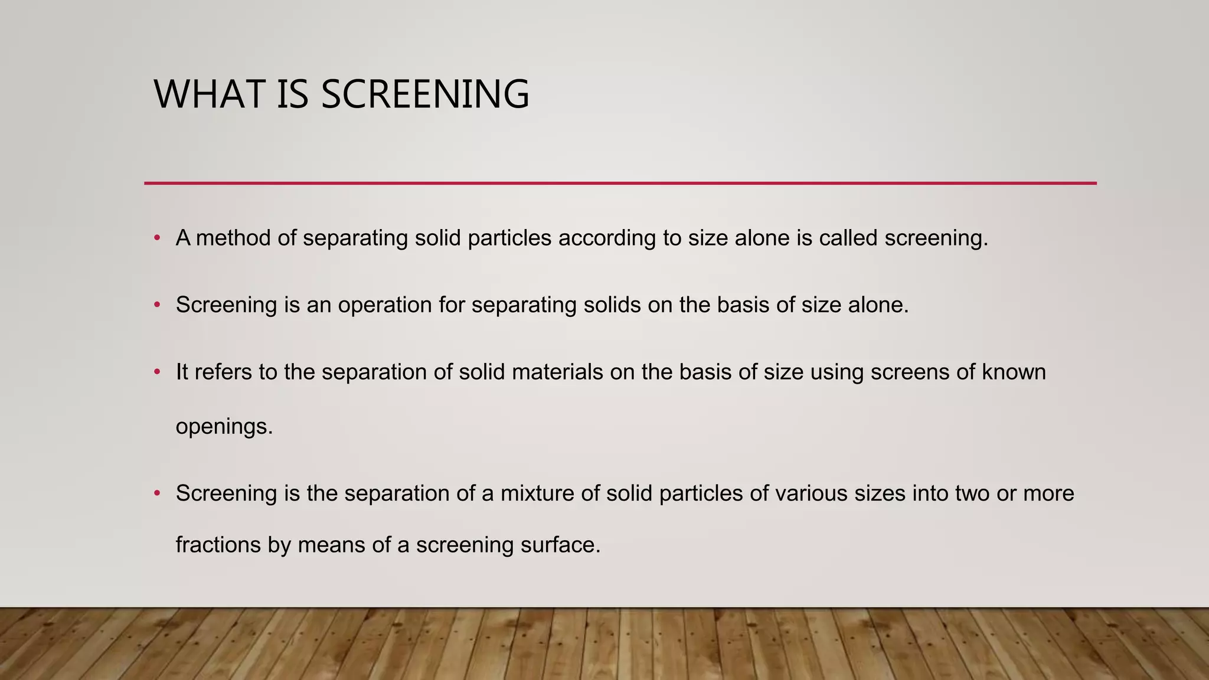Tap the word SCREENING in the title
pos(425,94)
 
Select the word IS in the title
pos(292,94)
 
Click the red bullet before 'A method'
pos(157,238)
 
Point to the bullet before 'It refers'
pos(157,372)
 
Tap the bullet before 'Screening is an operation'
pos(157,305)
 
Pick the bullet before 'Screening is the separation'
pos(157,493)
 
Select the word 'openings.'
pos(224,427)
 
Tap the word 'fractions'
pos(218,544)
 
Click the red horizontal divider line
pos(620,184)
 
